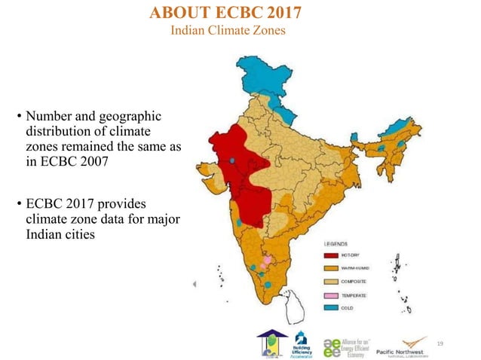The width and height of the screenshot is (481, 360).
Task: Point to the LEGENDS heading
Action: pyautogui.click(x=336, y=243)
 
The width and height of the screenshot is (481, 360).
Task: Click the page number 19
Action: pyautogui.click(x=440, y=343)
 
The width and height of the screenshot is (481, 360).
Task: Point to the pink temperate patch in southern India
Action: pyautogui.click(x=266, y=265)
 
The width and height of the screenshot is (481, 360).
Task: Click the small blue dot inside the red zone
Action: pyautogui.click(x=233, y=160)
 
